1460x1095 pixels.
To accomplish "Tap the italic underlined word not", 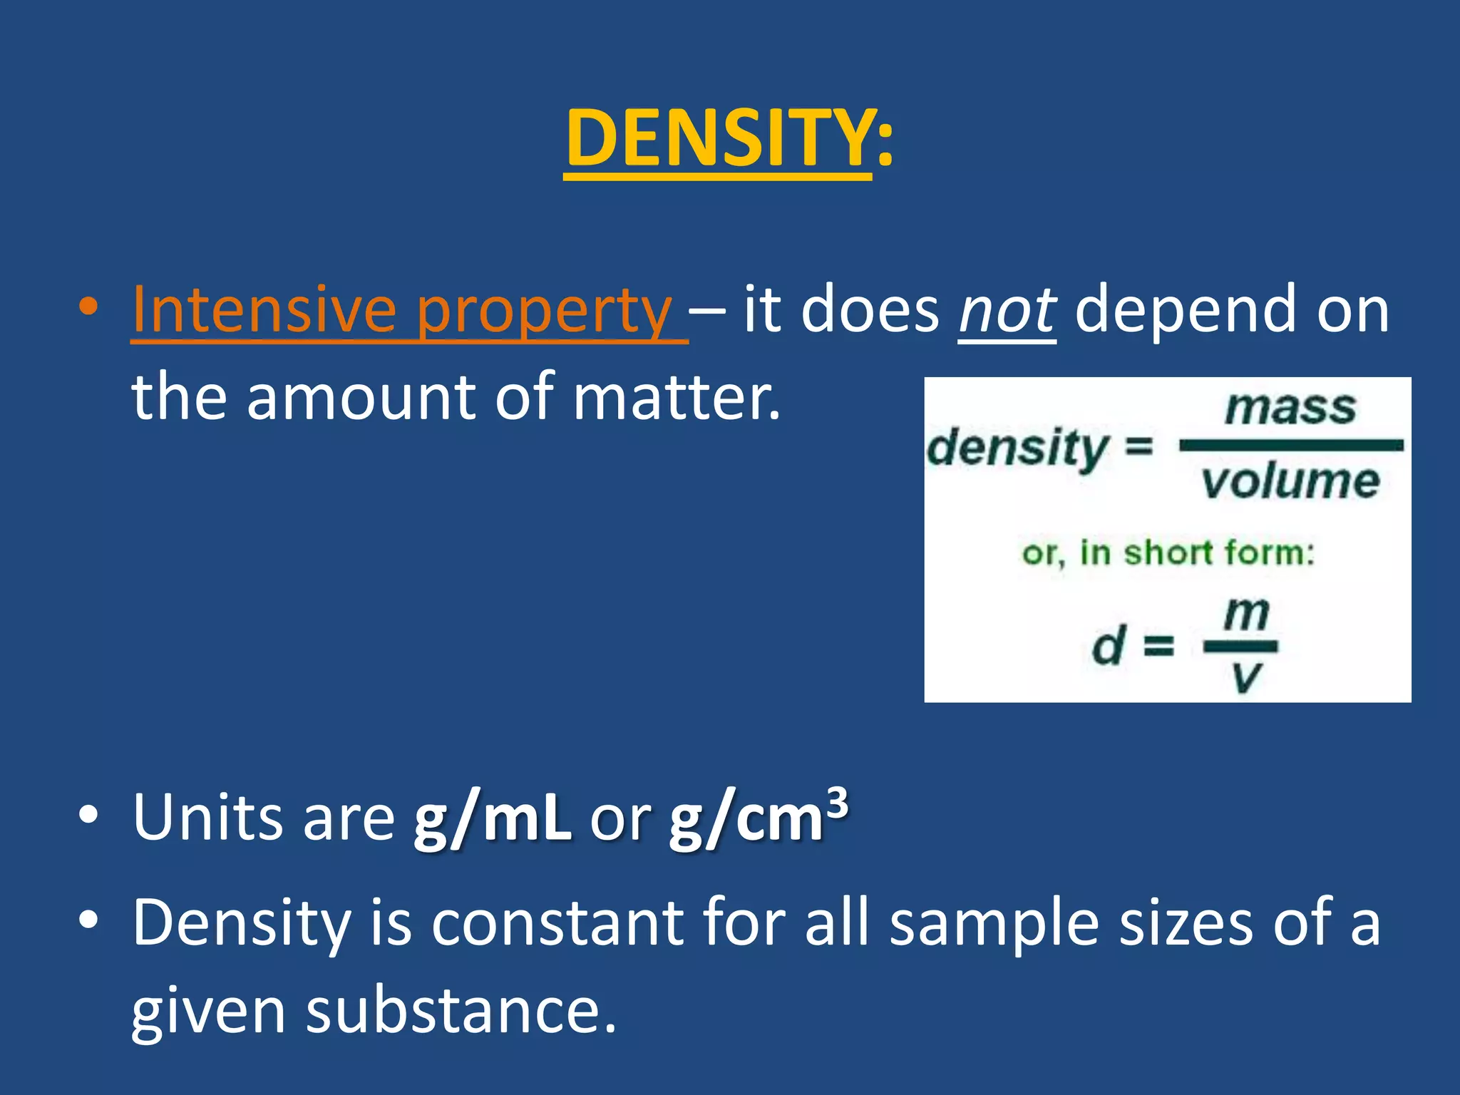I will coord(1007,310).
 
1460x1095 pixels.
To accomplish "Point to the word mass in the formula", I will coord(1290,408).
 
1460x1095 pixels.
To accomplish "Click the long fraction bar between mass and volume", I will coord(1291,446).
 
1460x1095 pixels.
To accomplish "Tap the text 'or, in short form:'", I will coord(1168,553).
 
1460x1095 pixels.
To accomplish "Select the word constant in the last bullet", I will coord(557,923).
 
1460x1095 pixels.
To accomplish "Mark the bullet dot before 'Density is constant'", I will coord(88,919).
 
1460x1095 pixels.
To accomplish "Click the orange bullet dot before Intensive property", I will coord(88,307).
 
